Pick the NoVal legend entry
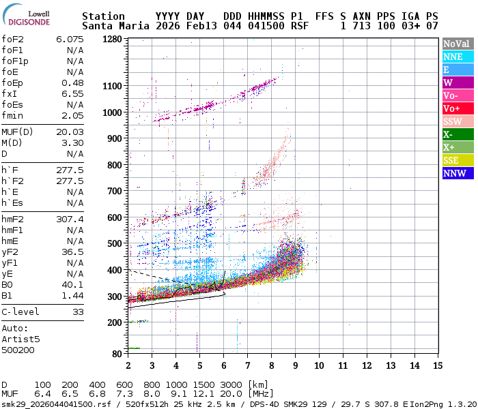coord(457,44)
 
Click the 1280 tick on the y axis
coord(111,39)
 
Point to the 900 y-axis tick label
coord(114,138)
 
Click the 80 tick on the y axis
coord(117,353)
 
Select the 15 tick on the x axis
coord(438,366)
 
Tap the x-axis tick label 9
coord(295,366)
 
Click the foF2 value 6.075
coord(70,39)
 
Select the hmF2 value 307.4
coord(70,219)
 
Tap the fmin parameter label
coord(12,115)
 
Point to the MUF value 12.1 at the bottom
coord(203,394)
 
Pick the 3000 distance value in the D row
coord(231,385)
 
